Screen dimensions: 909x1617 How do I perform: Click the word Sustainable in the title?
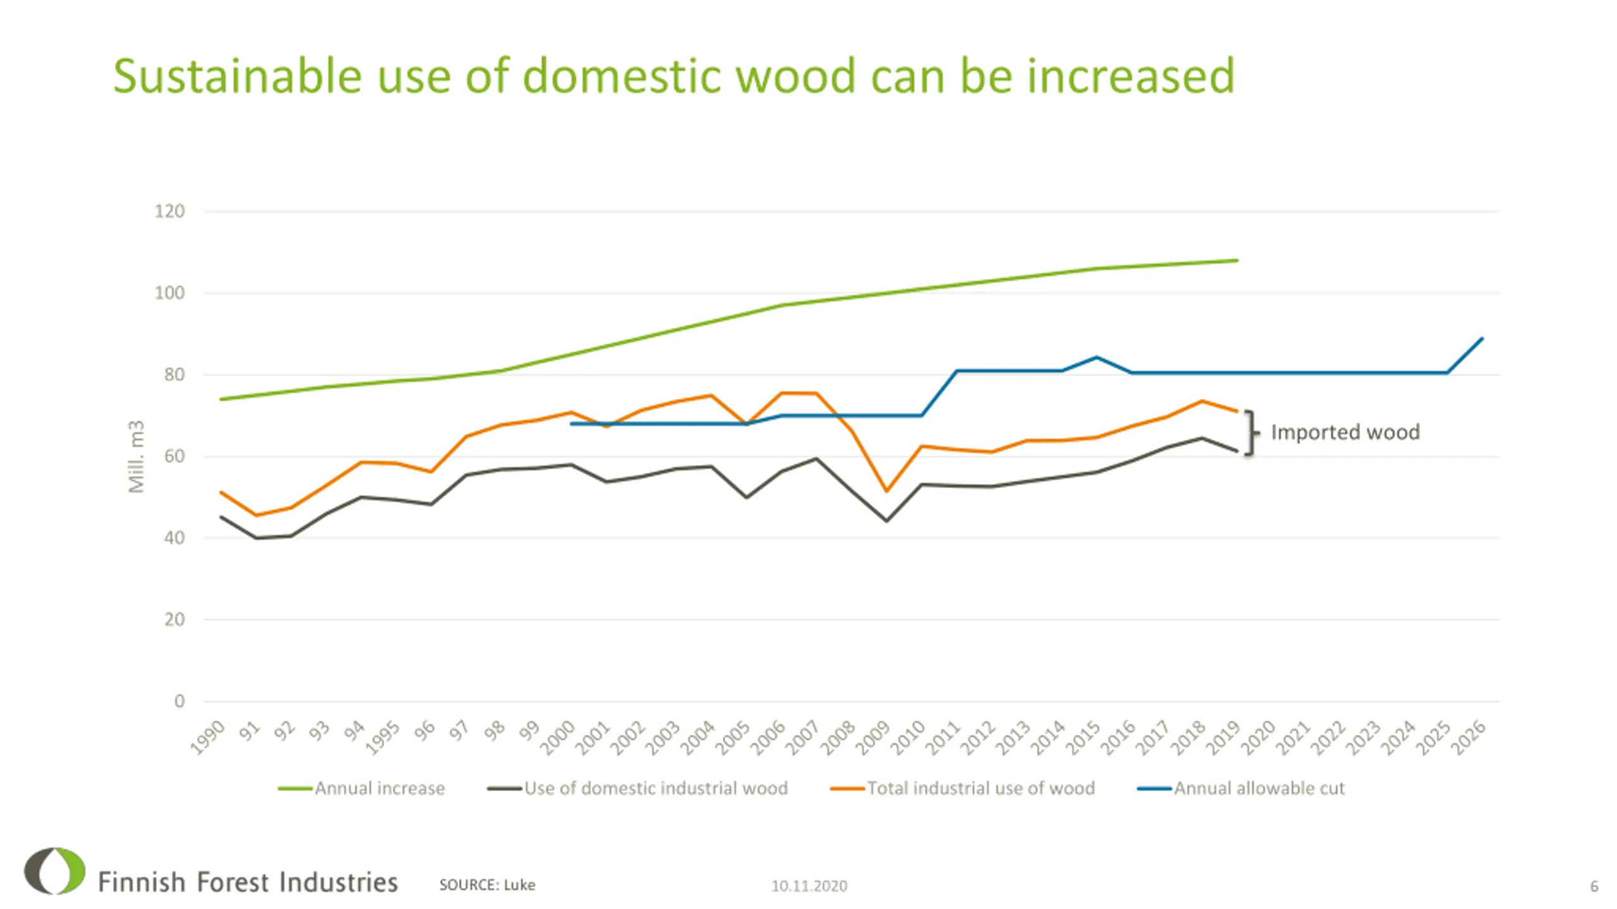pos(237,76)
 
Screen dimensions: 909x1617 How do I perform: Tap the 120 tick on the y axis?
pos(169,211)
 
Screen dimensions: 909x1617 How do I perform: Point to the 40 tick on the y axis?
pos(174,538)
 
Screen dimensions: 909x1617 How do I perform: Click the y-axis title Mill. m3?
pos(136,456)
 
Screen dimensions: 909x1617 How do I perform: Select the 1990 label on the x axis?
pos(208,737)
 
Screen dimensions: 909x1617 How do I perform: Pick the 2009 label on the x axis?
pos(874,737)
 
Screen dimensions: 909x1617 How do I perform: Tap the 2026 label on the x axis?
pos(1469,737)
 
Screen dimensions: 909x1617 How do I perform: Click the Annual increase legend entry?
pos(380,788)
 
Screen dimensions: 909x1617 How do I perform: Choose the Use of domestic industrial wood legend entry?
pos(655,788)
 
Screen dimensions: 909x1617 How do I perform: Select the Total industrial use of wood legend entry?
pos(980,788)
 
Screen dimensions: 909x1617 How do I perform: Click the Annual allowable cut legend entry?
pos(1259,788)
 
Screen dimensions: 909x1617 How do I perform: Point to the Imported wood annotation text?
pos(1345,432)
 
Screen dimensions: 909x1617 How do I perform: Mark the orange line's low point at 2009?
pos(886,490)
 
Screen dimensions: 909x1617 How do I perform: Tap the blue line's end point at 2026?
pos(1482,339)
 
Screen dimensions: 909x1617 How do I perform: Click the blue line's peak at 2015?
pos(1097,357)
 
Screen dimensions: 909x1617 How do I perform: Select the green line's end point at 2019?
pos(1237,260)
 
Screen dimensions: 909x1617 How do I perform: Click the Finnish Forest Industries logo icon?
pos(55,871)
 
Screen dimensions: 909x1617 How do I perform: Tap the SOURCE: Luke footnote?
pos(487,885)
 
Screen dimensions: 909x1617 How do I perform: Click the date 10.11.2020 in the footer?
pos(809,886)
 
